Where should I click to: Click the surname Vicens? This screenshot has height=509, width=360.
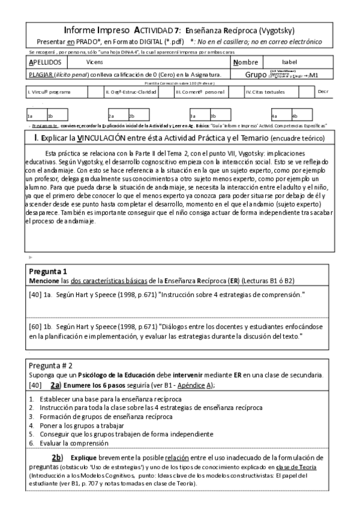pos(94,62)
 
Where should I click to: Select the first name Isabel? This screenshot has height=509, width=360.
pos(290,62)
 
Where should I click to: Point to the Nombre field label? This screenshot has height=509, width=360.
pos(246,62)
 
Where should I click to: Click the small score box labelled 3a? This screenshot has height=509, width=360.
pos(193,116)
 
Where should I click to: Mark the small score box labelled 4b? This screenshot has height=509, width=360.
pos(295,116)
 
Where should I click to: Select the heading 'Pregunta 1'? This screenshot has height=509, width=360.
pos(48,271)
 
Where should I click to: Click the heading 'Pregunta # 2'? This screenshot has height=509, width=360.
pos(51,365)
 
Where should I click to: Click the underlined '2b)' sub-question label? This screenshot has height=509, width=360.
pos(57,458)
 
